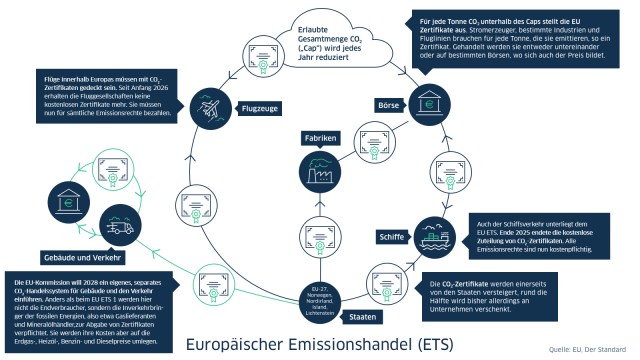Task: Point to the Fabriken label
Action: click(314, 136)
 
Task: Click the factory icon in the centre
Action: click(315, 171)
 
